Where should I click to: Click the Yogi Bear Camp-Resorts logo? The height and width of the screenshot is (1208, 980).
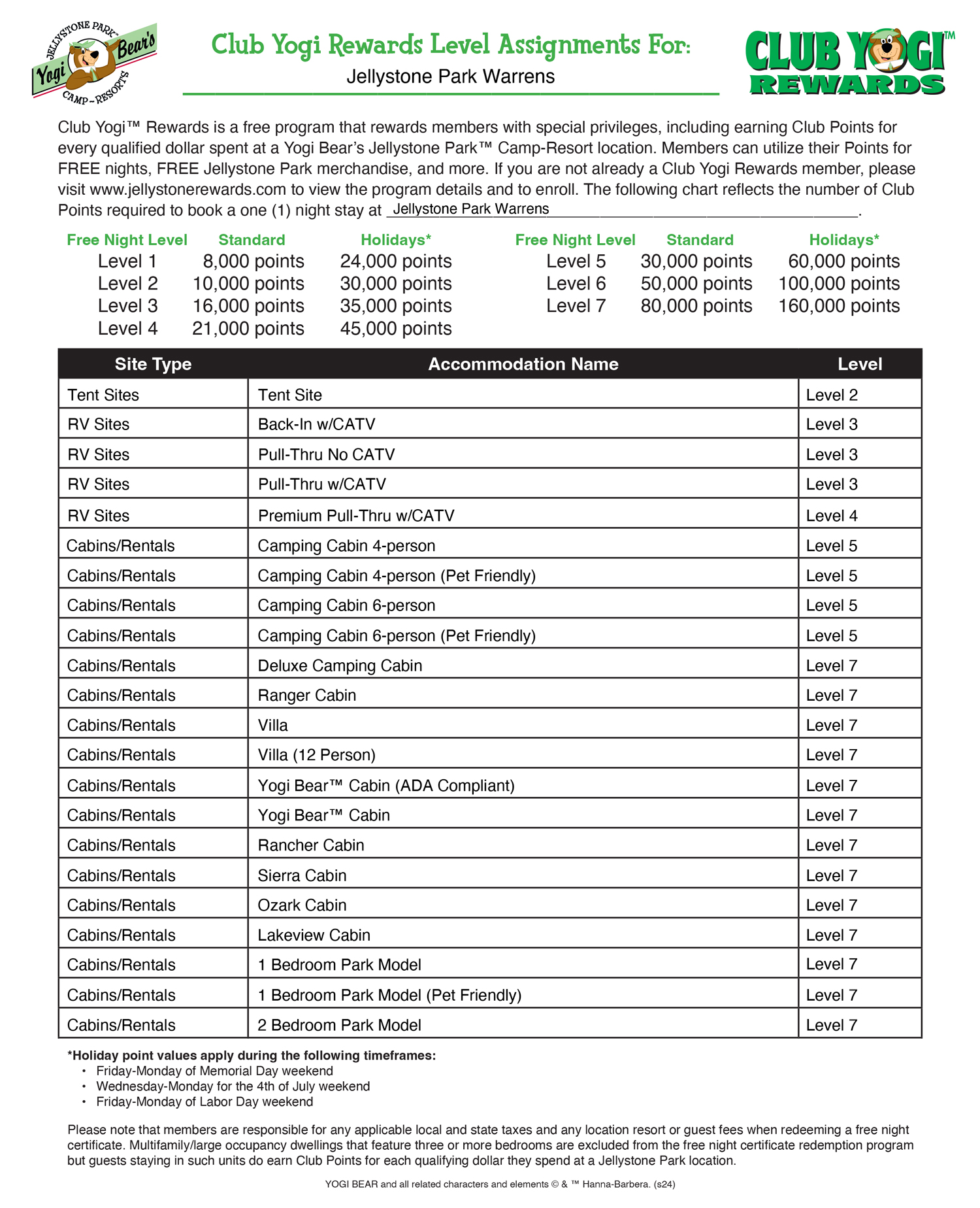(x=94, y=63)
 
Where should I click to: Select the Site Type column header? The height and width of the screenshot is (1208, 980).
(x=153, y=364)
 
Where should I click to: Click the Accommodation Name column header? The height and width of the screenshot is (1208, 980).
(x=523, y=364)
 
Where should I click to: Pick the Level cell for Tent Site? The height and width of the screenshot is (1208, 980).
(x=832, y=395)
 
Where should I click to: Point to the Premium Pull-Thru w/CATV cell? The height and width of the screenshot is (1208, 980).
(x=356, y=516)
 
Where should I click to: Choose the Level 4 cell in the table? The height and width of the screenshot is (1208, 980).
(x=832, y=516)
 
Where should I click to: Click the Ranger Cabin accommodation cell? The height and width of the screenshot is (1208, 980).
(x=307, y=696)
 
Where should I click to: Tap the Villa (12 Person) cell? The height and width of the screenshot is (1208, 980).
(x=317, y=755)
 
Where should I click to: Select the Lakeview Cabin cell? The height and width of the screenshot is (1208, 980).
(x=314, y=935)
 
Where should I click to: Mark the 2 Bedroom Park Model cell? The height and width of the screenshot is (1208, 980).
(x=340, y=1025)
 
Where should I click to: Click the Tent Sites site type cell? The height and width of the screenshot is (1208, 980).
(x=103, y=395)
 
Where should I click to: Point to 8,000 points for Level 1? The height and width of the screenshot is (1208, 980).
(x=253, y=261)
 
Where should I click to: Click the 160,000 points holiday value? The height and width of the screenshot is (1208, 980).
(x=839, y=306)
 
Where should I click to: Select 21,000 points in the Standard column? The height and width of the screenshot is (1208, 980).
(x=248, y=328)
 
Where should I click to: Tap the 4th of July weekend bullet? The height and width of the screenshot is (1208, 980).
(x=233, y=1086)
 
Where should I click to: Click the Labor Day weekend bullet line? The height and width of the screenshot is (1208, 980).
(x=204, y=1101)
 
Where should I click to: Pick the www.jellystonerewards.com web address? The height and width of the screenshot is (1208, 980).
(x=188, y=190)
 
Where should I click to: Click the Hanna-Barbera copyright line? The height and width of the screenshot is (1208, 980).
(x=500, y=1184)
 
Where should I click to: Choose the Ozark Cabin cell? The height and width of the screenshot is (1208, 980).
(x=302, y=905)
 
